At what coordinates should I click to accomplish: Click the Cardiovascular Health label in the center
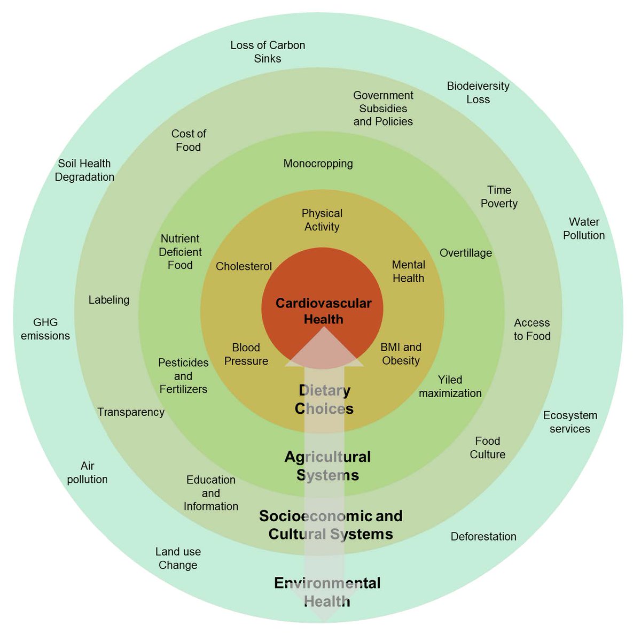(323, 311)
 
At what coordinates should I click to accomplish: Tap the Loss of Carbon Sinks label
(268, 52)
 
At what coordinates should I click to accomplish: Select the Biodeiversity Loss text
(478, 92)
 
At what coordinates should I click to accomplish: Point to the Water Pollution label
(584, 228)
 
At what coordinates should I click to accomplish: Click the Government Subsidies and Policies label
(383, 109)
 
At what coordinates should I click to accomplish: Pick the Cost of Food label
(189, 140)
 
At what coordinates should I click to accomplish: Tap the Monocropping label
(318, 164)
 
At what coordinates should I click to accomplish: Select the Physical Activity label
(322, 220)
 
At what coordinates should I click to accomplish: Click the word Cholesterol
(244, 266)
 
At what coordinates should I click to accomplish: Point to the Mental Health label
(408, 271)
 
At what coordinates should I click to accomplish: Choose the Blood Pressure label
(246, 354)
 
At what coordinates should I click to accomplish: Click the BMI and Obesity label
(401, 354)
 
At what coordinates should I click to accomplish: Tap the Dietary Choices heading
(324, 399)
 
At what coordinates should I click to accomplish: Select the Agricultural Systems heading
(327, 466)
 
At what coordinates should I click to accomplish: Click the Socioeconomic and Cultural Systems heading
(331, 524)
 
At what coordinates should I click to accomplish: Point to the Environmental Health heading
(327, 591)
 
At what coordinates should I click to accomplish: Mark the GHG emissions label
(45, 329)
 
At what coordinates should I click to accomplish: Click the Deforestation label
(483, 536)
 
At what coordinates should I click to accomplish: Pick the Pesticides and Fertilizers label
(183, 376)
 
